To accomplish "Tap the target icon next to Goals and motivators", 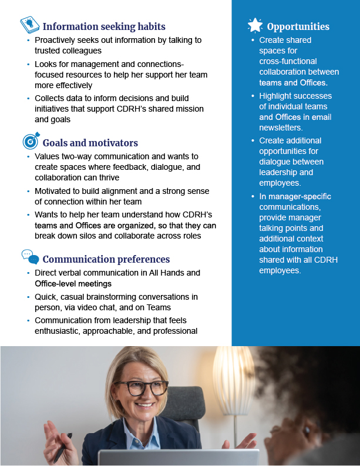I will coord(30,142).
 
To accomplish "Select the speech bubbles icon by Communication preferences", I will coord(30,257).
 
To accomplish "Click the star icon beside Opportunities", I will coord(255,25).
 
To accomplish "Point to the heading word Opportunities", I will coord(298,26).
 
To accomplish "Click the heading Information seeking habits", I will coord(104,26).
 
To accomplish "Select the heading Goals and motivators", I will coord(90,143).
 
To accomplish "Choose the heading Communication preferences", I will coord(106,259).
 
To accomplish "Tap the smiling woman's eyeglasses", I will coord(141,388).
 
